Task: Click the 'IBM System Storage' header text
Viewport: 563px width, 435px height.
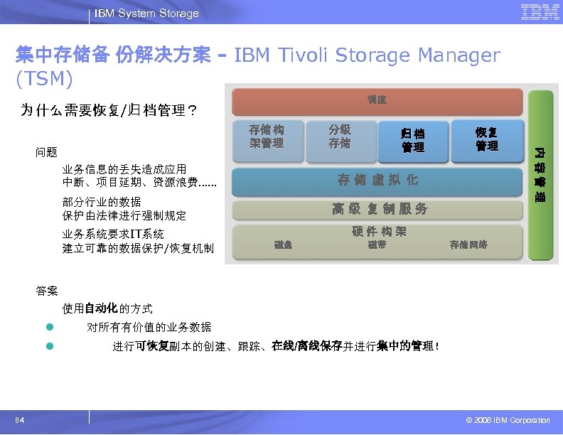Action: [146, 14]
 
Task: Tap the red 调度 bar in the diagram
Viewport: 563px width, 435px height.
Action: [377, 100]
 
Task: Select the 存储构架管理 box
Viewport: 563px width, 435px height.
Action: [267, 136]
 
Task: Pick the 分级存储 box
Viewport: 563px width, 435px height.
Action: [339, 136]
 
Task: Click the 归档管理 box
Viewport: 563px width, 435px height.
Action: [413, 140]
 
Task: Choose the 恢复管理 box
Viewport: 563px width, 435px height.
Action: [487, 139]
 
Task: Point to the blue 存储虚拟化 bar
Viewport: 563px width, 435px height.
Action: [377, 180]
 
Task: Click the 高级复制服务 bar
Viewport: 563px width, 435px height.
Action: [380, 209]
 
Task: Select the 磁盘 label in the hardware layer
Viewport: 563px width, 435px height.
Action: [283, 245]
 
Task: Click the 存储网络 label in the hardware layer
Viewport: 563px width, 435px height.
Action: [468, 245]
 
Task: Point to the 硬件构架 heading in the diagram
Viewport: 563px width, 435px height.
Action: [379, 232]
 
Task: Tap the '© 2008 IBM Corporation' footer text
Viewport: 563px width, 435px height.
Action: [507, 421]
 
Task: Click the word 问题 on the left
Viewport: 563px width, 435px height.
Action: [47, 152]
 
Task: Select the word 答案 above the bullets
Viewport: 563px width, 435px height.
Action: [47, 291]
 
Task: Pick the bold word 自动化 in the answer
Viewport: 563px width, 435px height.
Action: [101, 309]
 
